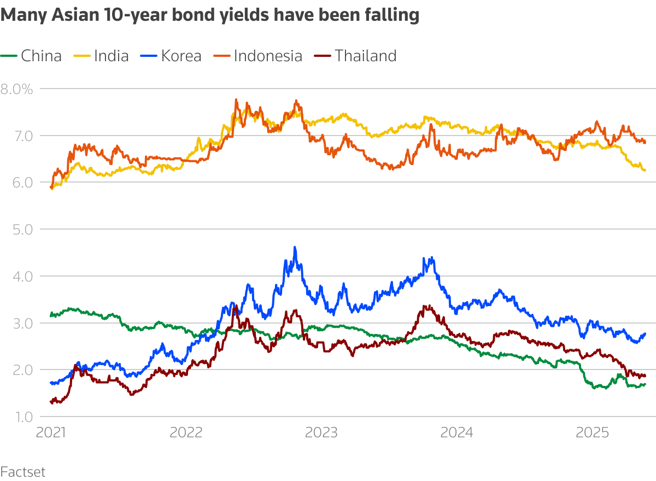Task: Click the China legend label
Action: (x=41, y=56)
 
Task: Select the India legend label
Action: (x=111, y=56)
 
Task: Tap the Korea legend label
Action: (x=181, y=56)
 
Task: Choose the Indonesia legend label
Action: (x=268, y=56)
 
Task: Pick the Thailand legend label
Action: (x=365, y=56)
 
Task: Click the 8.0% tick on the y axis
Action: (x=17, y=89)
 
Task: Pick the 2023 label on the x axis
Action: (x=321, y=433)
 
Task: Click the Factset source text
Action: (x=23, y=471)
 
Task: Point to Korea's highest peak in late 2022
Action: (x=295, y=248)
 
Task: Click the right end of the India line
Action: (x=645, y=171)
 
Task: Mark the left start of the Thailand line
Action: (x=51, y=402)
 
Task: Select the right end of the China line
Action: (x=645, y=384)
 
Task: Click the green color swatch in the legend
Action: (x=9, y=56)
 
